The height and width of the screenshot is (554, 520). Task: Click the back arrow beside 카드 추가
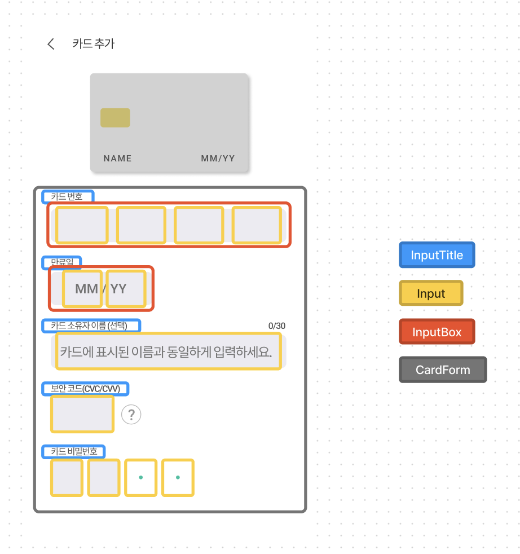(51, 44)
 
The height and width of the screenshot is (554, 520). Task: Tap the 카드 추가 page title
(94, 44)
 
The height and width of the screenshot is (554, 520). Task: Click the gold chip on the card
(115, 117)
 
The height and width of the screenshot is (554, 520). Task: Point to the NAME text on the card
(117, 159)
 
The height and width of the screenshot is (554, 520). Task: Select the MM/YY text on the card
(218, 159)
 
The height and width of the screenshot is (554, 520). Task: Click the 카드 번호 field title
(67, 196)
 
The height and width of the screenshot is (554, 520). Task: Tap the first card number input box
(82, 225)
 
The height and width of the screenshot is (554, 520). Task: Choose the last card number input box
(257, 225)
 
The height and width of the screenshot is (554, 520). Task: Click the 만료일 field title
(62, 262)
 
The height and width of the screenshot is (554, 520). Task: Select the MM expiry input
(83, 289)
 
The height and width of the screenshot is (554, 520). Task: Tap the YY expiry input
(126, 289)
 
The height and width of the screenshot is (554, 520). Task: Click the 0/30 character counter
(277, 326)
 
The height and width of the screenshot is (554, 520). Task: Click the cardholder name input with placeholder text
(166, 351)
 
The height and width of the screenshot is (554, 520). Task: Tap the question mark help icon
(131, 415)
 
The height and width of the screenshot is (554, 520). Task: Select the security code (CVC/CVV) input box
(82, 414)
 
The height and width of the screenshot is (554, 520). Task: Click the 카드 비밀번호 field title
(74, 451)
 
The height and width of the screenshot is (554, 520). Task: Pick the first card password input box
(67, 478)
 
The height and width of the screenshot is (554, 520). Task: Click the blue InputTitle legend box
(437, 255)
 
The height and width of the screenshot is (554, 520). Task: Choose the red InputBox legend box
(437, 332)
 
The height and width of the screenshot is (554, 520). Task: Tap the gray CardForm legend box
(443, 370)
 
